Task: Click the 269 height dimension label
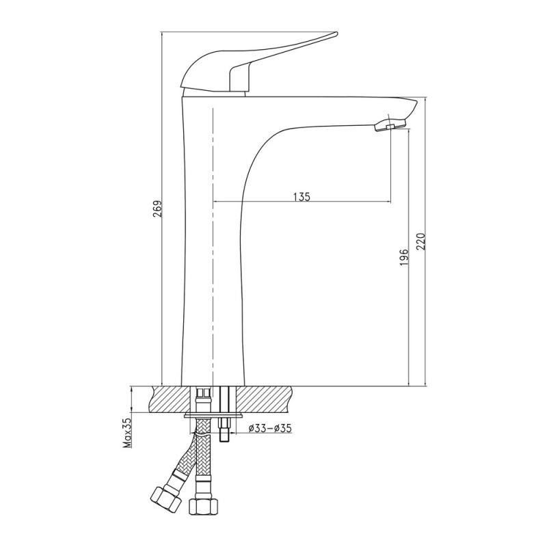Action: pos(157,209)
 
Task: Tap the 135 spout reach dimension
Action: pos(302,197)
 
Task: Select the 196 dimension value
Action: pos(404,257)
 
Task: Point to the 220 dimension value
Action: pos(421,241)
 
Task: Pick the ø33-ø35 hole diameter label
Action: pos(270,428)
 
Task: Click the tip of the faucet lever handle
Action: pos(336,34)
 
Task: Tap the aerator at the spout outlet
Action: pos(390,126)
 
